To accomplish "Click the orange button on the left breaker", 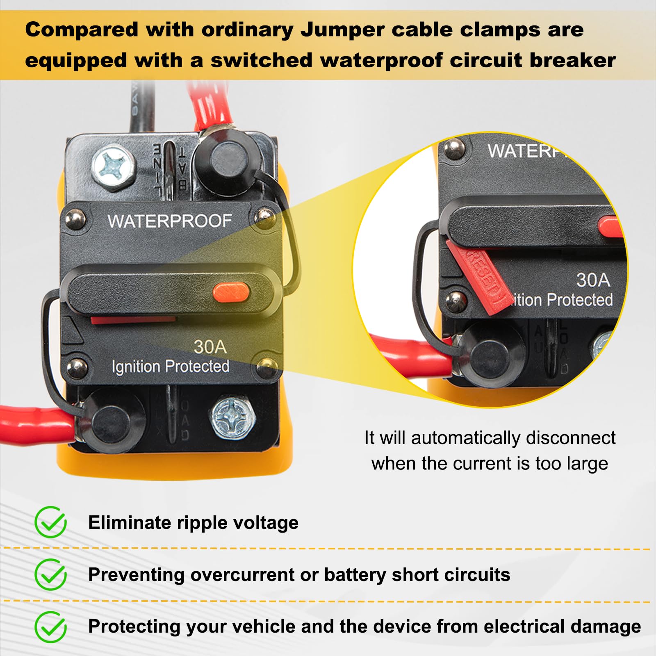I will (231, 293).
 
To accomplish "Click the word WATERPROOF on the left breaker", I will (170, 221).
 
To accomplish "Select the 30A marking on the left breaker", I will (210, 347).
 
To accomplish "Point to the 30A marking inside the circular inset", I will (593, 280).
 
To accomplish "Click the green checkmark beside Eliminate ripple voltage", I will (50, 522).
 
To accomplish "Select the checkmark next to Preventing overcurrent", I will (50, 574).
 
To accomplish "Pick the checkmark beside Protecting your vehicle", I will (50, 627).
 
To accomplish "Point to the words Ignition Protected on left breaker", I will (170, 366).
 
